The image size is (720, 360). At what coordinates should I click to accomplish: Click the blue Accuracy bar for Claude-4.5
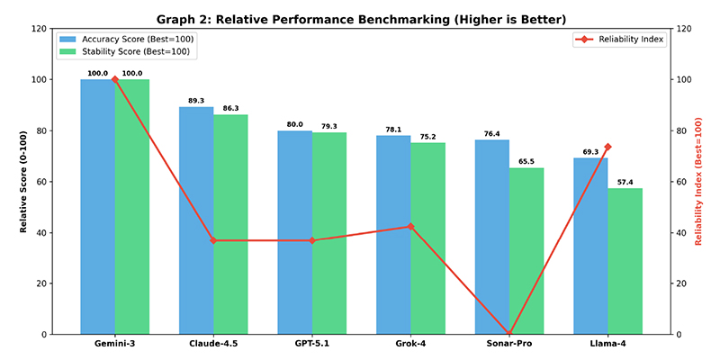pyautogui.click(x=196, y=220)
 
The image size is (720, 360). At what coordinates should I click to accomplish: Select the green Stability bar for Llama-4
pyautogui.click(x=625, y=261)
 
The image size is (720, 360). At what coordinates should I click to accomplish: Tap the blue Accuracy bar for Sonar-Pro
pyautogui.click(x=492, y=237)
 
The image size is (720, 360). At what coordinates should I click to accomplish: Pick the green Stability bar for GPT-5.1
pyautogui.click(x=329, y=233)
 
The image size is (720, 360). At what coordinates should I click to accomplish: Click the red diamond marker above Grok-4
pyautogui.click(x=410, y=227)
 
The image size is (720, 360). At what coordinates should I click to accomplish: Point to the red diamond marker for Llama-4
pyautogui.click(x=608, y=147)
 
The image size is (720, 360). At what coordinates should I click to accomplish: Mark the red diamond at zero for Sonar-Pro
pyautogui.click(x=509, y=332)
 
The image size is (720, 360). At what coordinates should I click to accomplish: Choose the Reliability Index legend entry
pyautogui.click(x=620, y=40)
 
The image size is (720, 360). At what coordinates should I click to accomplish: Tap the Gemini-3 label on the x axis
pyautogui.click(x=115, y=344)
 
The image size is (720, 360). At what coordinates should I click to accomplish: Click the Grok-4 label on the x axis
pyautogui.click(x=410, y=344)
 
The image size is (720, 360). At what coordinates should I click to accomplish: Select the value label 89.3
pyautogui.click(x=196, y=101)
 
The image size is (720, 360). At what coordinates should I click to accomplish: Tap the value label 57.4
pyautogui.click(x=625, y=183)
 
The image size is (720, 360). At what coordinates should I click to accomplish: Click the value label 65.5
pyautogui.click(x=526, y=162)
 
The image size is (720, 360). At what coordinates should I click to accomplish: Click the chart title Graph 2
pyautogui.click(x=360, y=20)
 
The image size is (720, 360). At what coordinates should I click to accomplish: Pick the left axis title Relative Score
pyautogui.click(x=23, y=182)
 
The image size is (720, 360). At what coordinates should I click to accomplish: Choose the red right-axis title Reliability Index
pyautogui.click(x=699, y=182)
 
